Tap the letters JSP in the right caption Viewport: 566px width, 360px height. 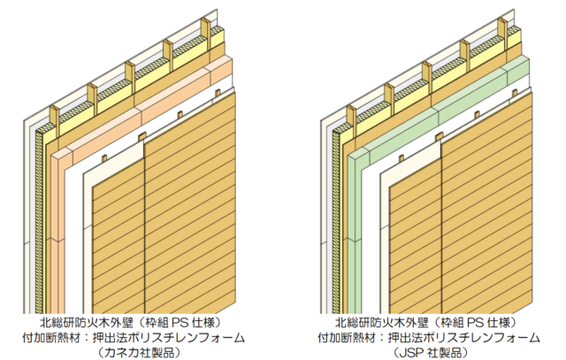point(415,352)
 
